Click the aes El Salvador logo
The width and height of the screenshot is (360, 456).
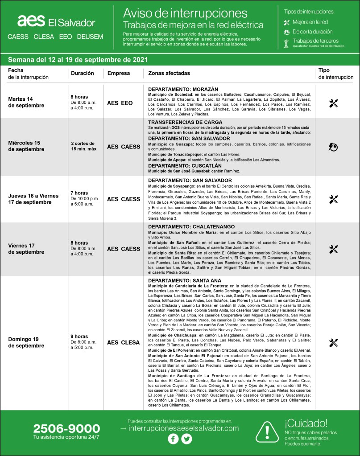[56, 22]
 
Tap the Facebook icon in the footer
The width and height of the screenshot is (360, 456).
[173, 439]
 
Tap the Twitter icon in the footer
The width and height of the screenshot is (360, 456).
[186, 439]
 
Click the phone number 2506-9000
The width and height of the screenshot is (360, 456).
[66, 429]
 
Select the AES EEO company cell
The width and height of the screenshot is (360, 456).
[120, 103]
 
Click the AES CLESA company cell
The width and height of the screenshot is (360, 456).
[124, 342]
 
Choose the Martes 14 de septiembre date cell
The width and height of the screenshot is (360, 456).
[27, 102]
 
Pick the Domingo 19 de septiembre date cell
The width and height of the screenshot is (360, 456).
[26, 342]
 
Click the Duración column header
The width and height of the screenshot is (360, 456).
[83, 73]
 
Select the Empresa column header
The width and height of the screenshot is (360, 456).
[119, 73]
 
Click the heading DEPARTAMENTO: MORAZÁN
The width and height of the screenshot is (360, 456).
[180, 89]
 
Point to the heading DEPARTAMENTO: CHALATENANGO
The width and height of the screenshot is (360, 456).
[191, 227]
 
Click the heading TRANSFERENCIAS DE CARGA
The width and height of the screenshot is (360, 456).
[185, 122]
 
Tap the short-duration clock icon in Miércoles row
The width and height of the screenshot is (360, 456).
[333, 146]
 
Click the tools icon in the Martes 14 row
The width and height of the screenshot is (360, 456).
[333, 103]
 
